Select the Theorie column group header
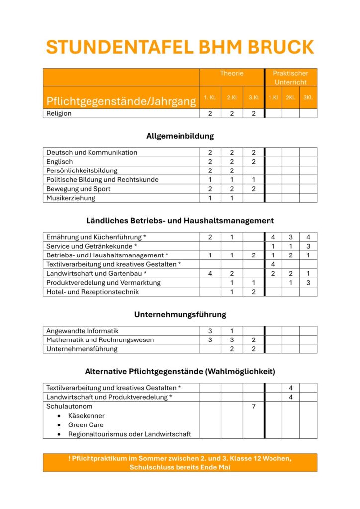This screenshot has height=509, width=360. click(232, 73)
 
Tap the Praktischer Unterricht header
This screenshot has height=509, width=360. click(290, 78)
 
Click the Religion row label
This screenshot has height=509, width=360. click(59, 113)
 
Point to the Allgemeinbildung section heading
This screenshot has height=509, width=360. click(180, 136)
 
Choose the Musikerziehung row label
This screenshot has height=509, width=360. click(71, 198)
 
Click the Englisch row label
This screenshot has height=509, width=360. click(60, 162)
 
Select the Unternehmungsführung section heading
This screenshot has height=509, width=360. click(180, 314)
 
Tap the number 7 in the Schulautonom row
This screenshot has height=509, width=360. click(253, 406)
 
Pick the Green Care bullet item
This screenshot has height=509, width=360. click(86, 425)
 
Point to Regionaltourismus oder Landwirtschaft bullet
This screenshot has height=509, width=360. click(129, 434)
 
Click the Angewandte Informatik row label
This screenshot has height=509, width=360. click(83, 331)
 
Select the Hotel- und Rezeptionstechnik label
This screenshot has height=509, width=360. click(92, 292)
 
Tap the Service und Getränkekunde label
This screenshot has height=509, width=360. click(91, 246)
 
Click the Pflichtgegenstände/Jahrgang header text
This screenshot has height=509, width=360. click(121, 101)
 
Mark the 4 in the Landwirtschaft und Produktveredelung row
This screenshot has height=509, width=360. click(290, 397)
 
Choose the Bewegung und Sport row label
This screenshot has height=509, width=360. click(79, 189)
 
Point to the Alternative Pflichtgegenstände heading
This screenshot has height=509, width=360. click(180, 371)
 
